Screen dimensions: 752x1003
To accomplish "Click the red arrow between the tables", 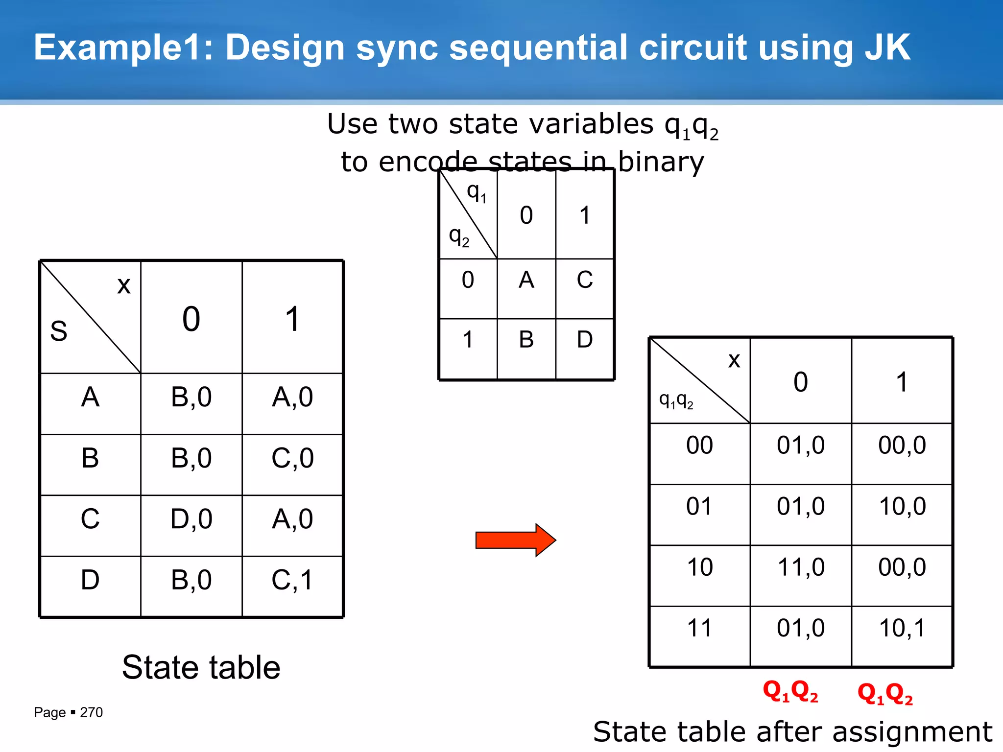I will tap(515, 540).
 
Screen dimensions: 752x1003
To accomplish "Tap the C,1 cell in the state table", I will tap(292, 580).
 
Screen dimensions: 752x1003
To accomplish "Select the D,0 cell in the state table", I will tap(191, 519).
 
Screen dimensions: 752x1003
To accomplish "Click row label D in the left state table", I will tap(90, 580).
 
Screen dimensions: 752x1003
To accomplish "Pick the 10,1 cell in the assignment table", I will tap(902, 628).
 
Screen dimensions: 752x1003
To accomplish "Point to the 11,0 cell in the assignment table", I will tap(801, 567).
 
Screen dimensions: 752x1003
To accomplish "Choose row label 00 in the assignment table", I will tap(699, 446).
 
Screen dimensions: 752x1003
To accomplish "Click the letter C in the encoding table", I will tap(585, 280).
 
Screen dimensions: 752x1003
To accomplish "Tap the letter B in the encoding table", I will tap(526, 340).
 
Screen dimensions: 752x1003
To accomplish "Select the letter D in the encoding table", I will tap(585, 340).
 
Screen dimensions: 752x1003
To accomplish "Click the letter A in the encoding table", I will tap(526, 280).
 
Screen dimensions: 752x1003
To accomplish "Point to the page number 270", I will tap(91, 712).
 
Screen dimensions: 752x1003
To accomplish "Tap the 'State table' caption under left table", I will tap(201, 667).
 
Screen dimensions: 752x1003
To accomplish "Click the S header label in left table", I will tap(59, 331).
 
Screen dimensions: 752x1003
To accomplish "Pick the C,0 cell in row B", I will tap(292, 458).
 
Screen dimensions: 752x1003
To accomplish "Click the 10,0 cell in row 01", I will tap(902, 506).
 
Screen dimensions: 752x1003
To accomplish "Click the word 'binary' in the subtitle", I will tap(661, 162).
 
